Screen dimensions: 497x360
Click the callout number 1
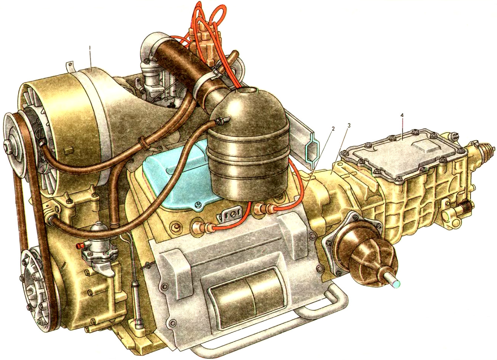click(90, 48)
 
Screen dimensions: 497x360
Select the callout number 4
click(402, 116)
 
